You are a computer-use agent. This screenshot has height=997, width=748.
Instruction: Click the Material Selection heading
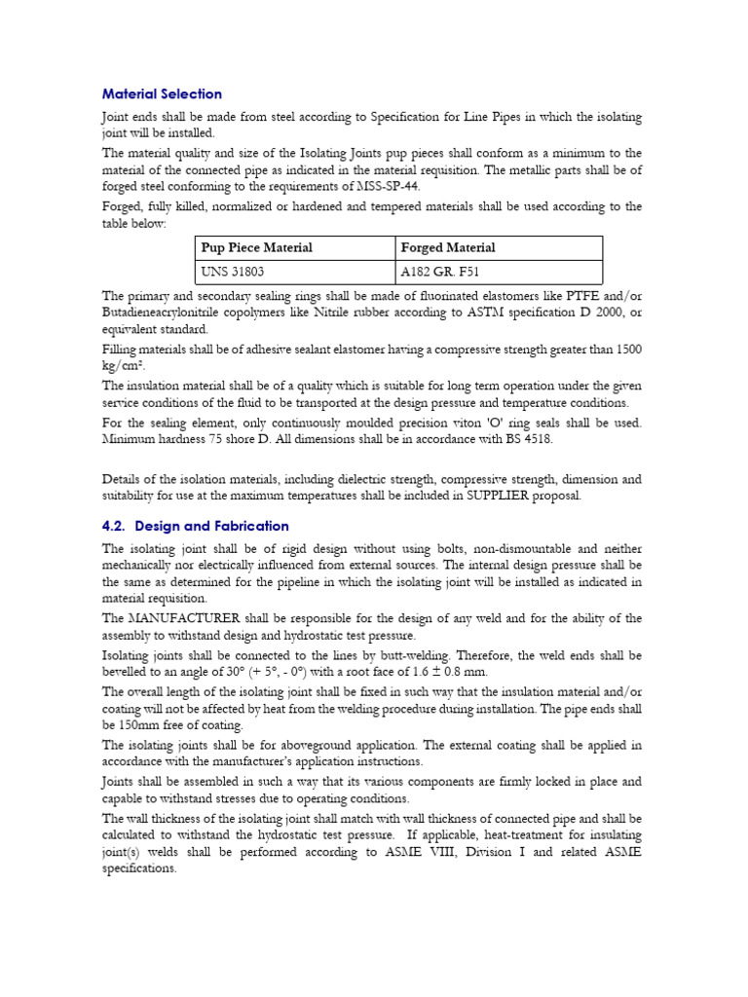tap(162, 94)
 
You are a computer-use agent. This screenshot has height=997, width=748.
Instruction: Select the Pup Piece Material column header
tap(256, 247)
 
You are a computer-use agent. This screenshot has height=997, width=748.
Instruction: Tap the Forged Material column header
tap(448, 247)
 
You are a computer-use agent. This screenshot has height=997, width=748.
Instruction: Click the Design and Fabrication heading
tap(195, 526)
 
